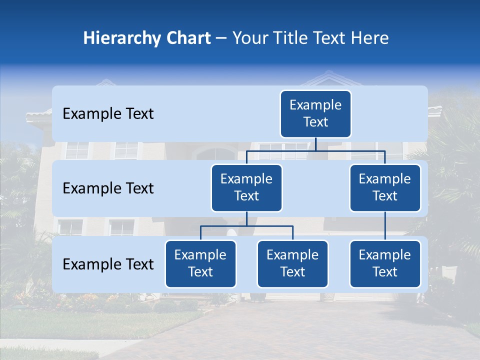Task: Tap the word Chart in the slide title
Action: pyautogui.click(x=187, y=38)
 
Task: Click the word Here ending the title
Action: pyautogui.click(x=368, y=38)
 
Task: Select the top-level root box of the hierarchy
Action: pyautogui.click(x=315, y=114)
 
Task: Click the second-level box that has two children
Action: pyautogui.click(x=246, y=188)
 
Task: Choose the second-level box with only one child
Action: pyautogui.click(x=385, y=188)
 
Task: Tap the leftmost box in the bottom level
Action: pyautogui.click(x=200, y=264)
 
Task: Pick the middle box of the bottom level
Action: pyautogui.click(x=292, y=264)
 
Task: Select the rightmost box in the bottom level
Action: pyautogui.click(x=385, y=264)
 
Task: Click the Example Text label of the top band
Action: pyautogui.click(x=108, y=114)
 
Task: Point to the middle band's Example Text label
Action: pyautogui.click(x=108, y=188)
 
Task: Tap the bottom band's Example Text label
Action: pyautogui.click(x=108, y=264)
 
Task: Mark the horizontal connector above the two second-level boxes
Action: pyautogui.click(x=315, y=150)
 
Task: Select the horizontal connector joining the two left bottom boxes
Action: pyautogui.click(x=246, y=226)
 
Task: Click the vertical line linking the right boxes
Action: pyautogui.click(x=385, y=226)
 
